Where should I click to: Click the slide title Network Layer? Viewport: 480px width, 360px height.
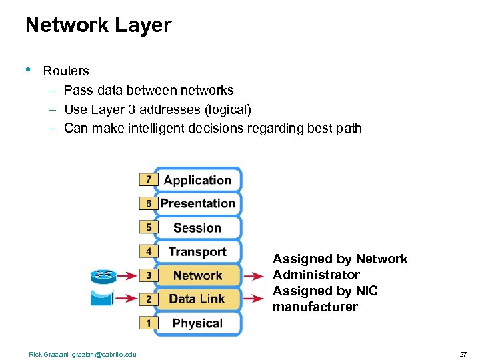pyautogui.click(x=98, y=25)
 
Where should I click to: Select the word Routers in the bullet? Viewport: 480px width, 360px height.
pyautogui.click(x=66, y=71)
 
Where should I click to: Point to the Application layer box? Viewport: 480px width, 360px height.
pyautogui.click(x=197, y=180)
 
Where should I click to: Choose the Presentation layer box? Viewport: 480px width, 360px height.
pyautogui.click(x=197, y=204)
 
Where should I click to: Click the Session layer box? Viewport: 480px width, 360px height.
pyautogui.click(x=197, y=228)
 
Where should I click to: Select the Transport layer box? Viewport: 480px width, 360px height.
pyautogui.click(x=197, y=252)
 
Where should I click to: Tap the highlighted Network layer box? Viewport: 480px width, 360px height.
pyautogui.click(x=197, y=275)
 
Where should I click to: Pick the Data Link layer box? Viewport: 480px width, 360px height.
pyautogui.click(x=197, y=299)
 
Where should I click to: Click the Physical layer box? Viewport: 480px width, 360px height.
pyautogui.click(x=197, y=323)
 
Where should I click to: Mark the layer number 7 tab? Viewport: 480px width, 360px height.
pyautogui.click(x=148, y=179)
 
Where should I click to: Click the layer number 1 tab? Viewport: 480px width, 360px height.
pyautogui.click(x=148, y=323)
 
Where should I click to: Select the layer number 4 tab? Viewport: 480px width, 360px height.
pyautogui.click(x=148, y=251)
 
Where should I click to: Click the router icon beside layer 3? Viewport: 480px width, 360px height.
pyautogui.click(x=103, y=275)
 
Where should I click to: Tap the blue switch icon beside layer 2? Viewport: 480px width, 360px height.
pyautogui.click(x=103, y=297)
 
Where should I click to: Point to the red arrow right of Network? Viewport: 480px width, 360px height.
pyautogui.click(x=253, y=275)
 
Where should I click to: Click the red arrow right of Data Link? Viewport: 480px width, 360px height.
pyautogui.click(x=253, y=299)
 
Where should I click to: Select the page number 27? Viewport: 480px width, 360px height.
pyautogui.click(x=463, y=354)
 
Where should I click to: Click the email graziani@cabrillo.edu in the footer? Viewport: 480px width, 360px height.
pyautogui.click(x=103, y=354)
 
